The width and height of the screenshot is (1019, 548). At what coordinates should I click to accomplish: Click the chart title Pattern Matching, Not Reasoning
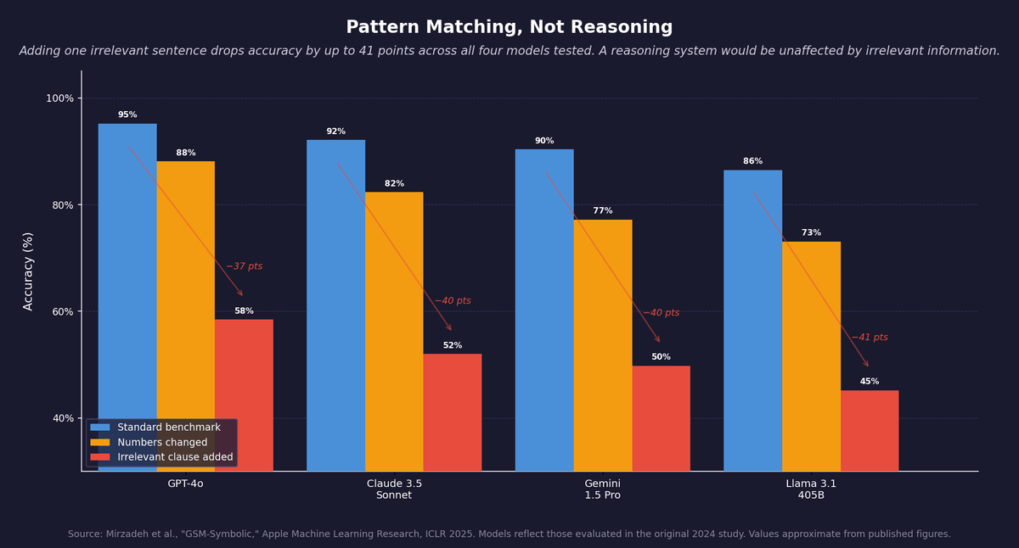[509, 27]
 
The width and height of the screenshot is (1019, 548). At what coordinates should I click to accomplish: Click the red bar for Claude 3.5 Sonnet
[453, 411]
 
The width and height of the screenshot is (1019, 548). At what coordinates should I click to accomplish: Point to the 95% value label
[127, 115]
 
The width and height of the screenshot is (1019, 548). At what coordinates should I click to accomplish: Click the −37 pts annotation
[244, 266]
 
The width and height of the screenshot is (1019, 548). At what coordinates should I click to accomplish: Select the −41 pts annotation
[870, 338]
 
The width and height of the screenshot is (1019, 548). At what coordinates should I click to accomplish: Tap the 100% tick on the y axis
[59, 98]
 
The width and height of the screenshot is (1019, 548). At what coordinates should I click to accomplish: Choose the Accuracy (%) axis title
[28, 271]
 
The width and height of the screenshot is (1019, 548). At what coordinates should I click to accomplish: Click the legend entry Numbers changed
[162, 442]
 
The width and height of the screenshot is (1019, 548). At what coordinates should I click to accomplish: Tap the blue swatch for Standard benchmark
[100, 428]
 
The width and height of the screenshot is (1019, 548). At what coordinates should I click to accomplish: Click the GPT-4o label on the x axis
[185, 484]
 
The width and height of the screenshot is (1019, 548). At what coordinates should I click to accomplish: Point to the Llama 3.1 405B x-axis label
[811, 489]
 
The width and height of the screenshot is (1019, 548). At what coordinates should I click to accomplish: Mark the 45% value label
[870, 382]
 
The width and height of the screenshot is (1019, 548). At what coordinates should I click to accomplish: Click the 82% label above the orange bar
[394, 183]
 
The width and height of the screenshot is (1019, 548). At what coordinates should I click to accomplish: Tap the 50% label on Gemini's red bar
[661, 357]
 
